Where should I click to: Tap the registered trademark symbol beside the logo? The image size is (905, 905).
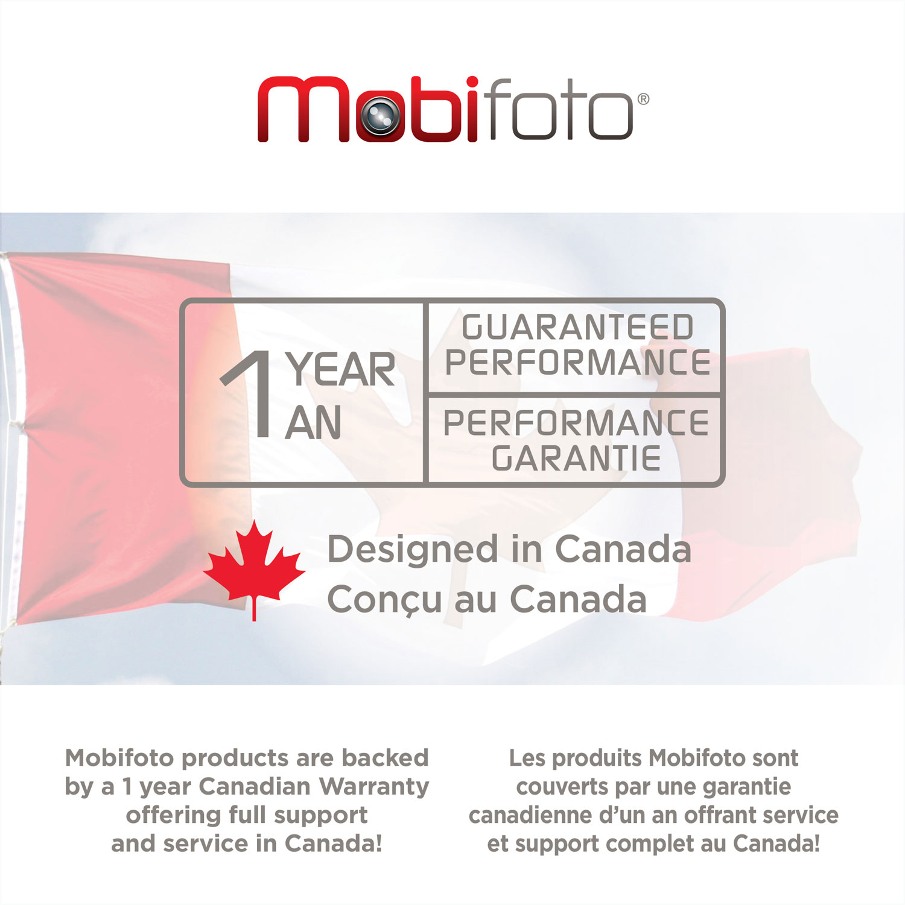point(643,99)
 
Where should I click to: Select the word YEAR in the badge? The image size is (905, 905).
point(341,369)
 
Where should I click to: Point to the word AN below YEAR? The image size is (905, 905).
point(313,423)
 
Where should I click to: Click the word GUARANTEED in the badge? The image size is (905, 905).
point(577,328)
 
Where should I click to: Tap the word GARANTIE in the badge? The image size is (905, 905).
point(576,459)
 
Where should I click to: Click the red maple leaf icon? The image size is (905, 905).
point(254,566)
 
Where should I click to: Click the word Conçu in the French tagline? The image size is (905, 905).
point(384,600)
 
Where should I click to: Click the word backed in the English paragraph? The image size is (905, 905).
point(385,758)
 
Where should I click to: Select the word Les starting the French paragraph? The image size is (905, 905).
point(527,758)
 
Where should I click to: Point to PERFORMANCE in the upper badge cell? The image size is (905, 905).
point(577,363)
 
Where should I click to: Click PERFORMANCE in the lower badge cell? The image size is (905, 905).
point(576,423)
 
